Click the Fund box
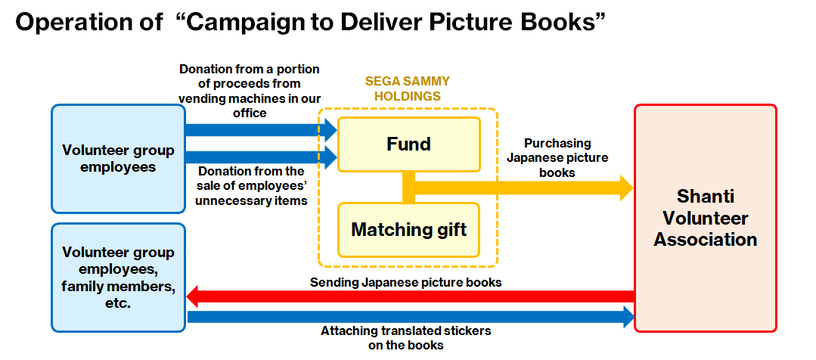408,144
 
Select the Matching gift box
408,228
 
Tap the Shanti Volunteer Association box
705,218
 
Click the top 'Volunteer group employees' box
118,158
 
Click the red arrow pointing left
408,296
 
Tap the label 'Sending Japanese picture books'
406,282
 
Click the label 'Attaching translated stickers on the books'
405,337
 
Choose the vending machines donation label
250,90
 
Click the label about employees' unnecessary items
250,185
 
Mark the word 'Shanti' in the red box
705,197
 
